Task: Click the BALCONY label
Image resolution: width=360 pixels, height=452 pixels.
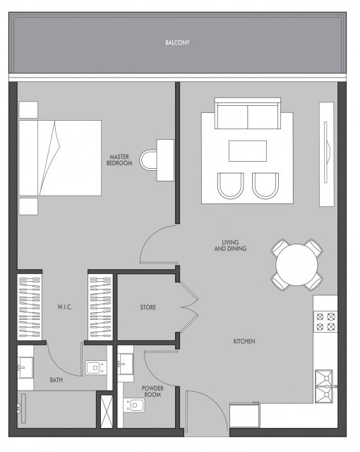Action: tap(177, 42)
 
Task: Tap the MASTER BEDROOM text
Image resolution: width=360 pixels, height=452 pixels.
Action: tap(119, 160)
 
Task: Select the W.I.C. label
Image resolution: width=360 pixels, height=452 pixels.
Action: tap(64, 307)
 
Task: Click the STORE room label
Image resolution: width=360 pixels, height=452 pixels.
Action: tap(148, 307)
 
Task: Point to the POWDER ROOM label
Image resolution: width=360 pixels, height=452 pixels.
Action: tap(152, 391)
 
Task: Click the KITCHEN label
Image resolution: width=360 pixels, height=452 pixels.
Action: tap(244, 341)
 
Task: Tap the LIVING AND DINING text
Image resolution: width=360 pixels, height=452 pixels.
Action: tap(230, 245)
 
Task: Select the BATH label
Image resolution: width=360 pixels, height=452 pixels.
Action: tap(56, 380)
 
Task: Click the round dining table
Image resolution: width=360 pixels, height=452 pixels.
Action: tap(296, 265)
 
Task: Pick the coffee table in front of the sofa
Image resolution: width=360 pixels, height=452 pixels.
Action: tap(248, 151)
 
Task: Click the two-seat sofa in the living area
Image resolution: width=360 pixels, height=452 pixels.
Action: tap(248, 113)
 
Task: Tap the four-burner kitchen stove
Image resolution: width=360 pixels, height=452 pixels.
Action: tap(325, 322)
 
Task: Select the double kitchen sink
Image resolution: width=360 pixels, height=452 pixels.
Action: tap(324, 386)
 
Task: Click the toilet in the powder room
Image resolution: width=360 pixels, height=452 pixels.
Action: tap(134, 405)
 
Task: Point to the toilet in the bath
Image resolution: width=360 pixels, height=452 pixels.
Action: tap(96, 368)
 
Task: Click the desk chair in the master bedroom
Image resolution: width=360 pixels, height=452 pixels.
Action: tap(148, 160)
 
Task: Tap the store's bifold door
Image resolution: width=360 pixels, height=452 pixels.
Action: tap(189, 307)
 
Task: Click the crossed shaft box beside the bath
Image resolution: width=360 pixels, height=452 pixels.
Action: tap(107, 411)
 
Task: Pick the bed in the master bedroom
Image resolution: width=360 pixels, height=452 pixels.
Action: tap(60, 158)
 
